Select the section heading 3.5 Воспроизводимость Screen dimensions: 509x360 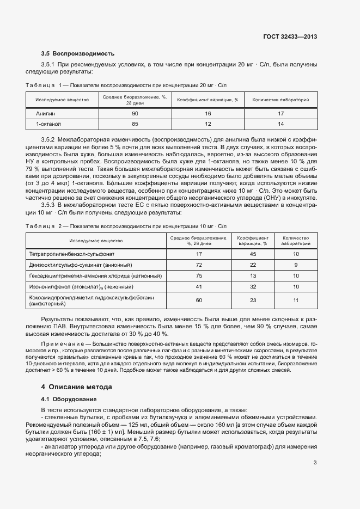click(x=77, y=53)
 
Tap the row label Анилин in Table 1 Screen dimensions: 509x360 click(x=46, y=114)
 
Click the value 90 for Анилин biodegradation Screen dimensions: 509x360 click(x=135, y=114)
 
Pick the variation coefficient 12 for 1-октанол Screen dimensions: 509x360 click(x=208, y=124)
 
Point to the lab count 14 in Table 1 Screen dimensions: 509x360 click(x=280, y=124)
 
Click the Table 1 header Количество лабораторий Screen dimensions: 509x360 click(x=280, y=100)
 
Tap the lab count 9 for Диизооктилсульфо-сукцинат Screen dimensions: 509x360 click(x=296, y=265)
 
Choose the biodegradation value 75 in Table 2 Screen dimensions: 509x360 click(x=199, y=275)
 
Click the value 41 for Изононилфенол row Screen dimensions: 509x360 click(x=199, y=286)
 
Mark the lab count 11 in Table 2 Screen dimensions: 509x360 click(x=296, y=300)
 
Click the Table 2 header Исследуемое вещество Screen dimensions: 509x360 click(x=96, y=241)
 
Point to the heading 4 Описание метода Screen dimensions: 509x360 click(x=77, y=387)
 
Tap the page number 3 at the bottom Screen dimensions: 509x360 click(x=315, y=463)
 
